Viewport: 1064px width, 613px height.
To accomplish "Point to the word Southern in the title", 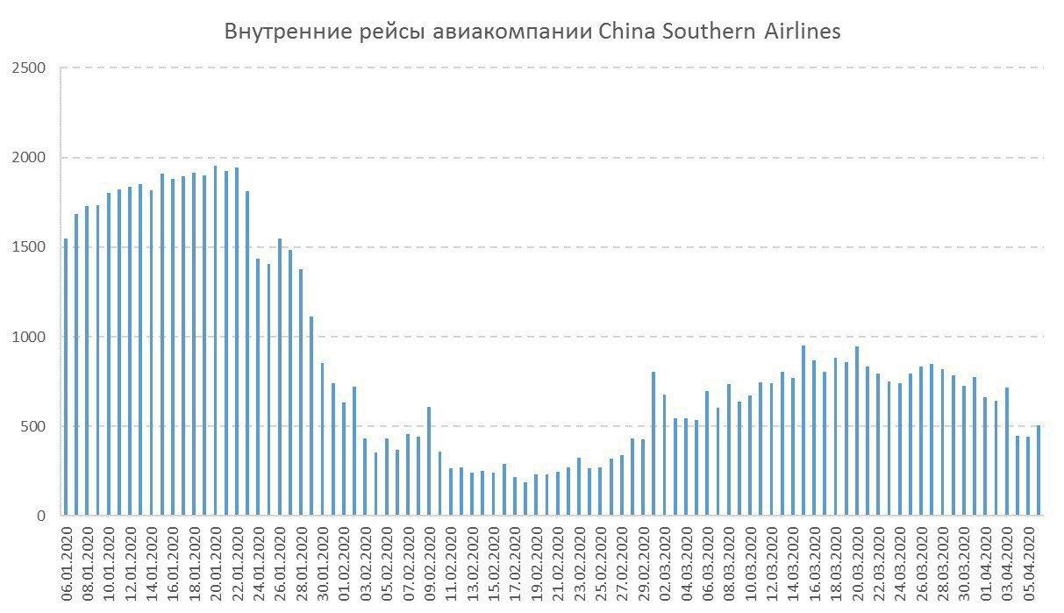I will pyautogui.click(x=700, y=32).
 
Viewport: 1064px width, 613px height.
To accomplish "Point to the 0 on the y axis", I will pyautogui.click(x=40, y=517).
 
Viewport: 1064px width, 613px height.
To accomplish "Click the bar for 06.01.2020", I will pyautogui.click(x=66, y=377).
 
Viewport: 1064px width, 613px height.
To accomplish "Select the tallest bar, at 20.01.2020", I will pyautogui.click(x=216, y=341).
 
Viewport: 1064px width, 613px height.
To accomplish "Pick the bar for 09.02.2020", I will pyautogui.click(x=429, y=461).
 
